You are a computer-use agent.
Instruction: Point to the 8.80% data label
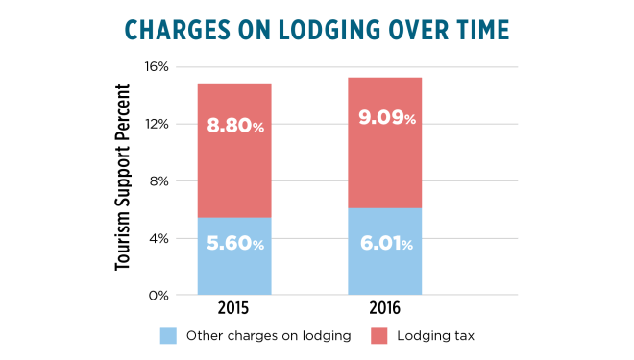(x=234, y=124)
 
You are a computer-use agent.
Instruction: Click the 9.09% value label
(x=384, y=119)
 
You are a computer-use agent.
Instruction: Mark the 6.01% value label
(x=384, y=244)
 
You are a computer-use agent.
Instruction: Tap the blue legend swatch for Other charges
(x=167, y=336)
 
